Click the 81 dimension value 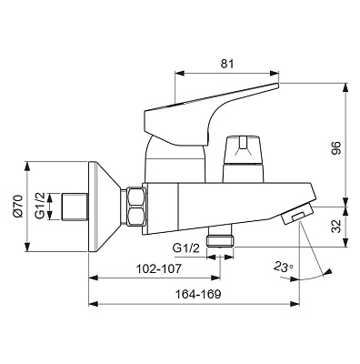[227, 64]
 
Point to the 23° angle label [284, 267]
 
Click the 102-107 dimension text [159, 268]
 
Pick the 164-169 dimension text [198, 294]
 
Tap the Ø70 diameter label [18, 207]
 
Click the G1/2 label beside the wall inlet [40, 206]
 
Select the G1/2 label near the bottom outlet [186, 248]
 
